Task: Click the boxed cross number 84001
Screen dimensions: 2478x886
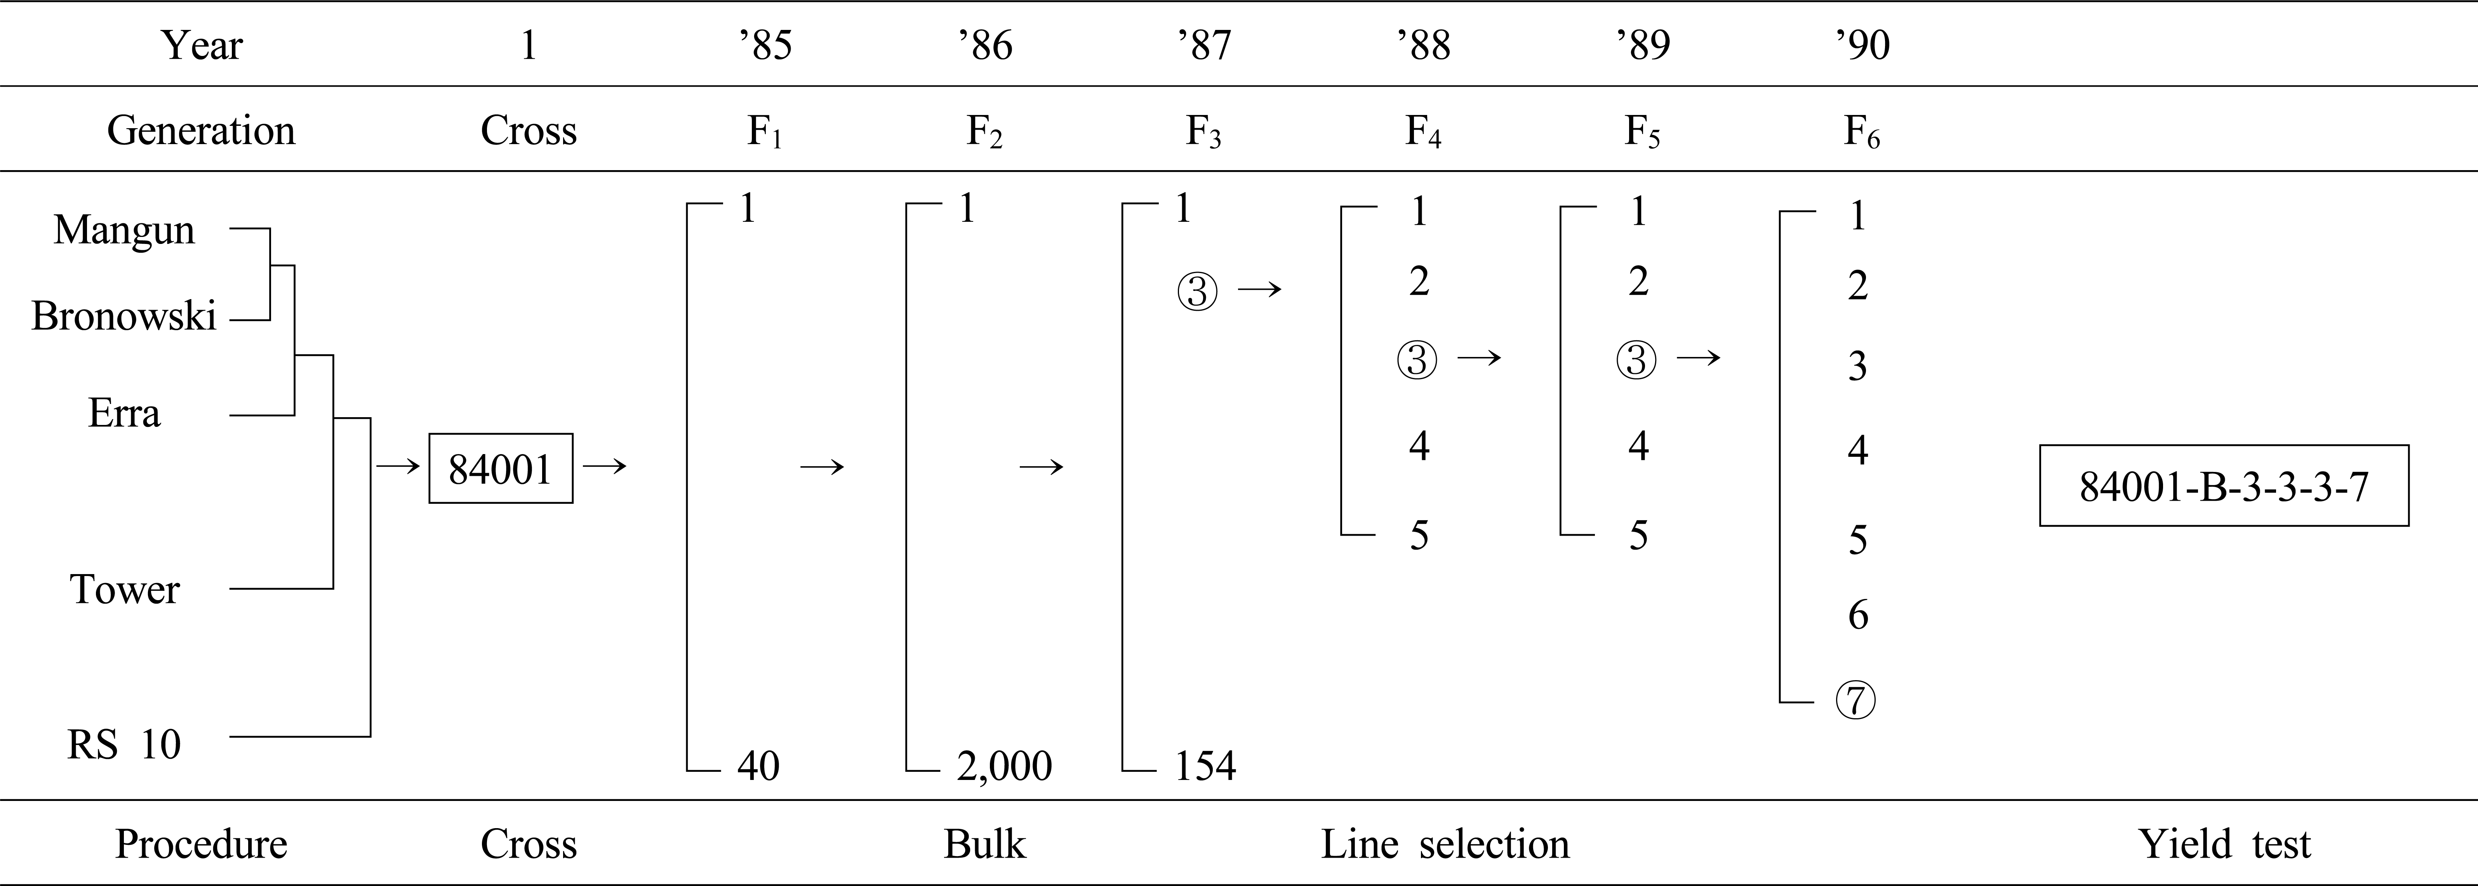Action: point(500,468)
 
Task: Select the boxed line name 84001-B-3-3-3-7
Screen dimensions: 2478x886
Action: point(2224,486)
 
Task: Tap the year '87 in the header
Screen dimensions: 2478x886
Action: point(1204,45)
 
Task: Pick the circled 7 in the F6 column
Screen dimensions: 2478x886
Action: point(1857,700)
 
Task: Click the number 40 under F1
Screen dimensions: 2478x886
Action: point(758,766)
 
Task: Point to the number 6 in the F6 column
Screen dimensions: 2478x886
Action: point(1857,615)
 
